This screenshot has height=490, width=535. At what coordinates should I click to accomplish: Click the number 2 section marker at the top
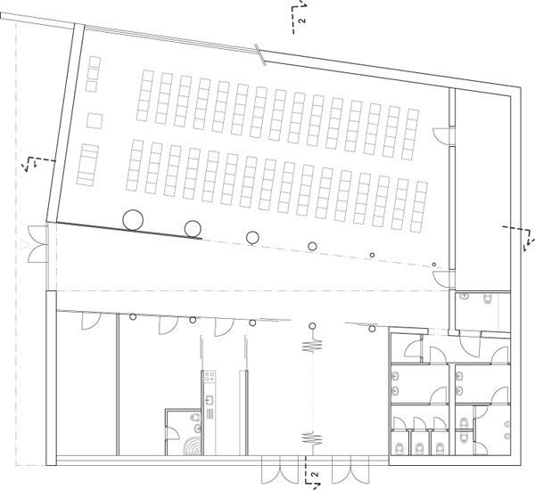[x=301, y=20]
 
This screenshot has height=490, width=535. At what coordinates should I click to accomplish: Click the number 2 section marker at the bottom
[x=316, y=474]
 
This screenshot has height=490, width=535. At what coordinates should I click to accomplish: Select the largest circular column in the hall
[x=133, y=220]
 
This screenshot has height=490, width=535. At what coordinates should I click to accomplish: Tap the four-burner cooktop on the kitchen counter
[x=210, y=377]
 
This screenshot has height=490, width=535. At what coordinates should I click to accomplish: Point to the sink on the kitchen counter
[x=210, y=399]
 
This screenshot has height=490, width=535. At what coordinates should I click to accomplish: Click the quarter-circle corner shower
[x=192, y=446]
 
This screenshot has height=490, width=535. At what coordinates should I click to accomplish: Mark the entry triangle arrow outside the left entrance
[x=23, y=245]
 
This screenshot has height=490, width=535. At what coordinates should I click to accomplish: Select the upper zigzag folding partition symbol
[x=312, y=346]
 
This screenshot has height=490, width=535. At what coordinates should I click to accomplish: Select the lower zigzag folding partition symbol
[x=312, y=438]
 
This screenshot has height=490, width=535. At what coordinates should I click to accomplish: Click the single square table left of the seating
[x=95, y=120]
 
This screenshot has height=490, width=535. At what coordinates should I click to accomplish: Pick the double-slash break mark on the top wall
[x=260, y=54]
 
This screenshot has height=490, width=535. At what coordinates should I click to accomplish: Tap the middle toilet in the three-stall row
[x=420, y=448]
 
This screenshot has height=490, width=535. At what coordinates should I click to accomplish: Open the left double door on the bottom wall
[x=280, y=470]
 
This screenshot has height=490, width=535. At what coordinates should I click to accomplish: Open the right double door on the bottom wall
[x=350, y=470]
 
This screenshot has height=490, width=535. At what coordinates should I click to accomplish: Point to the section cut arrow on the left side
[x=37, y=164]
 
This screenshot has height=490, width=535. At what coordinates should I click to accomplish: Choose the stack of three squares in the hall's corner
[x=94, y=74]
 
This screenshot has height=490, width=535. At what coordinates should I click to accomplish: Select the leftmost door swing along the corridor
[x=91, y=322]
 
